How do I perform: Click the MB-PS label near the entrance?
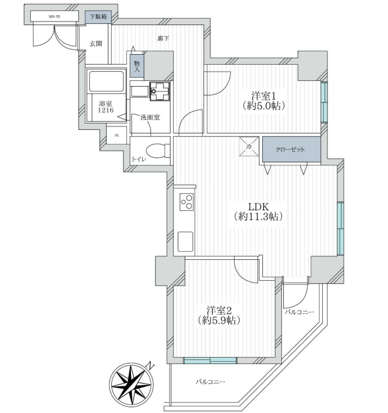(54, 16)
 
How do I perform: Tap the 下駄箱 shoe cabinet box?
(98, 17)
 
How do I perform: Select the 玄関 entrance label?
(96, 44)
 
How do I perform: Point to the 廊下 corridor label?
(163, 38)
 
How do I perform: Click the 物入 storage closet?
(137, 66)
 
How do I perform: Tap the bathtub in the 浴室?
(107, 81)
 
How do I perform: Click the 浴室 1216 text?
(106, 107)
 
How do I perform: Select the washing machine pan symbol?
(160, 91)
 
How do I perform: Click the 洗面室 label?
(150, 117)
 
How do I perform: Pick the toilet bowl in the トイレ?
(157, 150)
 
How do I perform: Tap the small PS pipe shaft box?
(117, 135)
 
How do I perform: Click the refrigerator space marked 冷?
(249, 147)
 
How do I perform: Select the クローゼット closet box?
(291, 150)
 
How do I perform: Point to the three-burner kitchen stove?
(186, 202)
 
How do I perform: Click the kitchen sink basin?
(185, 242)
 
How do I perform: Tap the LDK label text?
(258, 206)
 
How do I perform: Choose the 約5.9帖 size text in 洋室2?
(219, 320)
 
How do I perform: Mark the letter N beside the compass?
(150, 366)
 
